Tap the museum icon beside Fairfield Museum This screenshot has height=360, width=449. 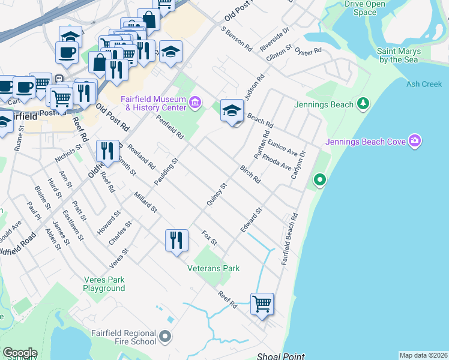click(x=194, y=103)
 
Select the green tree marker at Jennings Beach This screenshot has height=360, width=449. click(x=362, y=104)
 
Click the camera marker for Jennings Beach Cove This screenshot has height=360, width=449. click(x=414, y=142)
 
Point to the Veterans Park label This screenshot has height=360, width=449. click(x=214, y=268)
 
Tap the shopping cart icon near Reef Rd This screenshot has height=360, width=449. click(x=262, y=304)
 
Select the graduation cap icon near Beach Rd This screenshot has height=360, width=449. click(x=232, y=111)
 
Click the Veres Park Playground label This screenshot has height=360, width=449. click(x=104, y=284)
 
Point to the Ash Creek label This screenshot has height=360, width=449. click(x=424, y=85)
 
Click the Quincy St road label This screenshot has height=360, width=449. click(x=217, y=194)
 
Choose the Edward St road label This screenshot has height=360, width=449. click(x=252, y=220)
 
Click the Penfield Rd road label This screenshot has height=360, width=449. click(x=169, y=127)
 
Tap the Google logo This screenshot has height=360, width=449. click(x=19, y=353)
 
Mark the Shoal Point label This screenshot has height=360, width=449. click(x=281, y=356)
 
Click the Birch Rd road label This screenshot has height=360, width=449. click(x=250, y=174)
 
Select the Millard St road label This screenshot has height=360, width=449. click(x=145, y=203)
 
